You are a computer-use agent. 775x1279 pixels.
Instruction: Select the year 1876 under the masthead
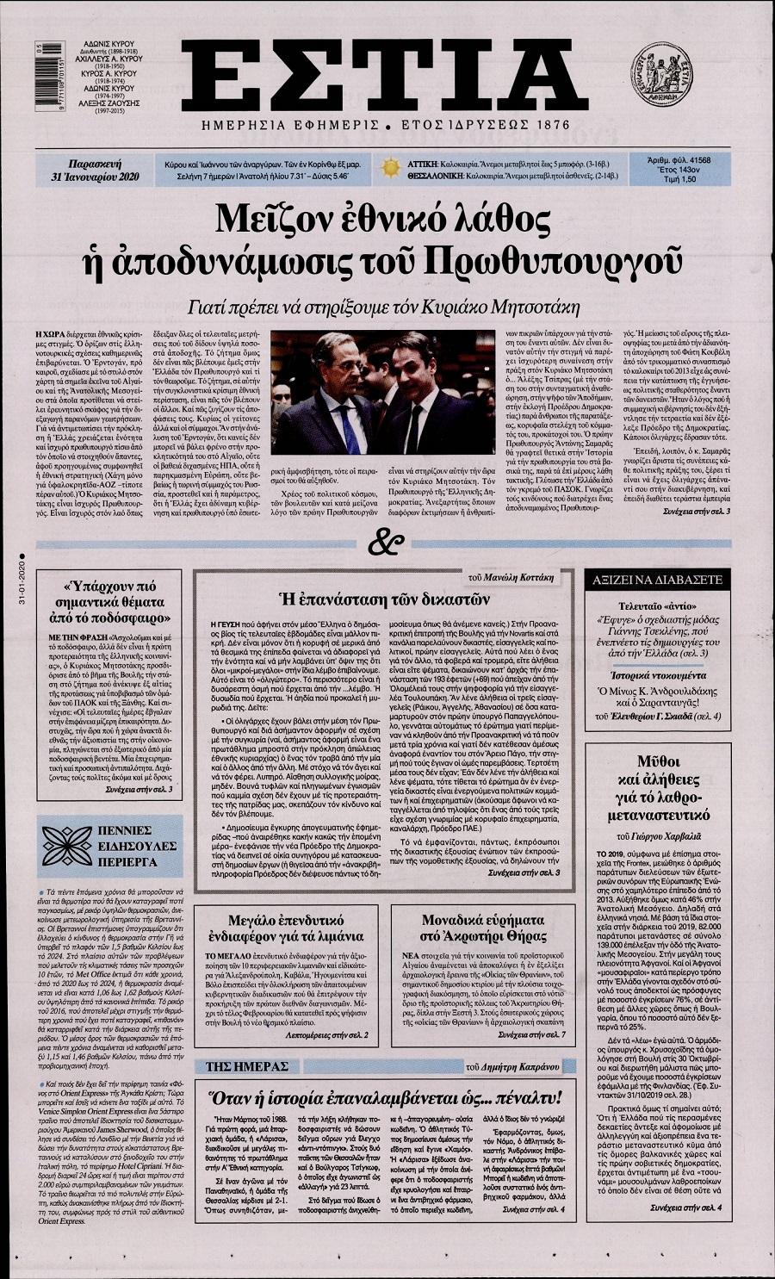point(543,125)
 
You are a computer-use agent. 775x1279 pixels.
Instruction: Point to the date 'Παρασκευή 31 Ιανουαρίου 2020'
point(96,169)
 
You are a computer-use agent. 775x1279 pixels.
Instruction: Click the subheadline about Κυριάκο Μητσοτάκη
point(386,307)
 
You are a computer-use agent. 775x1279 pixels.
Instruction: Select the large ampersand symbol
point(381,543)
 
